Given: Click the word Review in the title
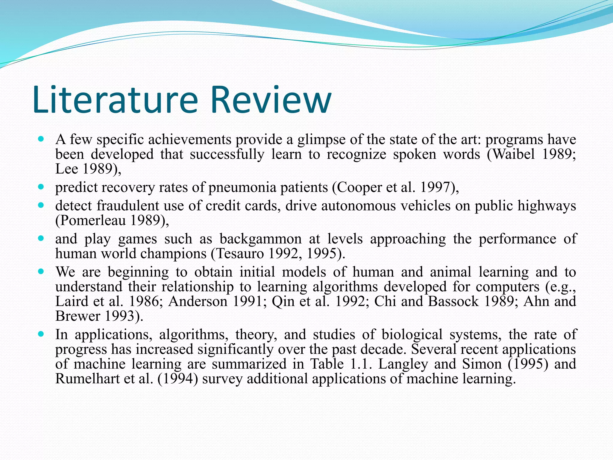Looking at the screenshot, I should [x=271, y=100].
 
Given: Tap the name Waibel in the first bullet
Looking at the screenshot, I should [x=514, y=155].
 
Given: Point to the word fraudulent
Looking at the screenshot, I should [x=128, y=206].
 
